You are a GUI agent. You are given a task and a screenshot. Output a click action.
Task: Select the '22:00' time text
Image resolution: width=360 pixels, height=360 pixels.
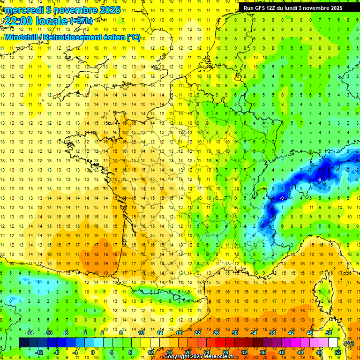(17, 21)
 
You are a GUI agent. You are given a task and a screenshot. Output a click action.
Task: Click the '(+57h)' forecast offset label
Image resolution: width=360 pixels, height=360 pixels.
(81, 21)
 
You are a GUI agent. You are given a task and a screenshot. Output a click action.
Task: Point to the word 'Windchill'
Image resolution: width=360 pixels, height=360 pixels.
(21, 37)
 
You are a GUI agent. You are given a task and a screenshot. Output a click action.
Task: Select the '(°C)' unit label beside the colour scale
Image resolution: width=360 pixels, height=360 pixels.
(348, 343)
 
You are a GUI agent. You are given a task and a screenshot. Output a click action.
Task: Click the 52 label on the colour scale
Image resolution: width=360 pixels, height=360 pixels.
(337, 352)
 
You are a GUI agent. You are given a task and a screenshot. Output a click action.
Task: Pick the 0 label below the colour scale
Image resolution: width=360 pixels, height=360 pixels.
(93, 352)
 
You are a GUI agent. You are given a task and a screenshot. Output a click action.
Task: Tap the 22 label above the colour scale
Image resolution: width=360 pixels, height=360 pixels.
(197, 333)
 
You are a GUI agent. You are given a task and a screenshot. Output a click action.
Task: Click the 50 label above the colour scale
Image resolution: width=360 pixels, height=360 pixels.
(328, 333)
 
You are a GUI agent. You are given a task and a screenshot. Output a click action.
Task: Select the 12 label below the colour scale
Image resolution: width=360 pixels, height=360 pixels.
(150, 352)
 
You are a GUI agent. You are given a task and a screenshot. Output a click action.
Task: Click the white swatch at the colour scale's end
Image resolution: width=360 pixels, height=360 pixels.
(333, 343)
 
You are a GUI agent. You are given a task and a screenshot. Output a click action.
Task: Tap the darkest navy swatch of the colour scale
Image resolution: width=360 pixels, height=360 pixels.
(24, 343)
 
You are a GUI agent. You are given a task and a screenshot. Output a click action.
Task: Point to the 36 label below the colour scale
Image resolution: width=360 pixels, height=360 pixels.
(262, 352)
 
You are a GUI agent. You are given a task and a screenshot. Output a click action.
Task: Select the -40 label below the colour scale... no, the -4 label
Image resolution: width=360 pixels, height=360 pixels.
(74, 352)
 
